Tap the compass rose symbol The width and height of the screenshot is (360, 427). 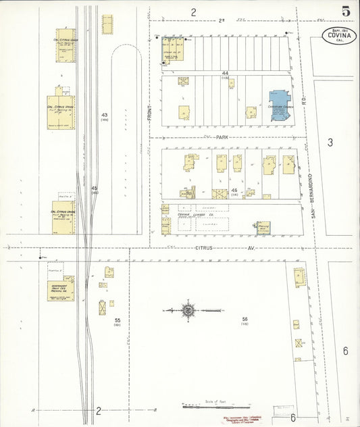pyautogui.click(x=188, y=311)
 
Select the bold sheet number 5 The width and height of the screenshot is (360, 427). pyautogui.click(x=346, y=11)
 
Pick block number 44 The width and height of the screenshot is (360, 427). pyautogui.click(x=224, y=73)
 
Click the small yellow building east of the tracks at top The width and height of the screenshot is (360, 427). pyautogui.click(x=107, y=24)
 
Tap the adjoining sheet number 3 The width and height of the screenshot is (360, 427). pyautogui.click(x=330, y=142)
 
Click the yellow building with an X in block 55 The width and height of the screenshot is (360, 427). pyautogui.click(x=101, y=307)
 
